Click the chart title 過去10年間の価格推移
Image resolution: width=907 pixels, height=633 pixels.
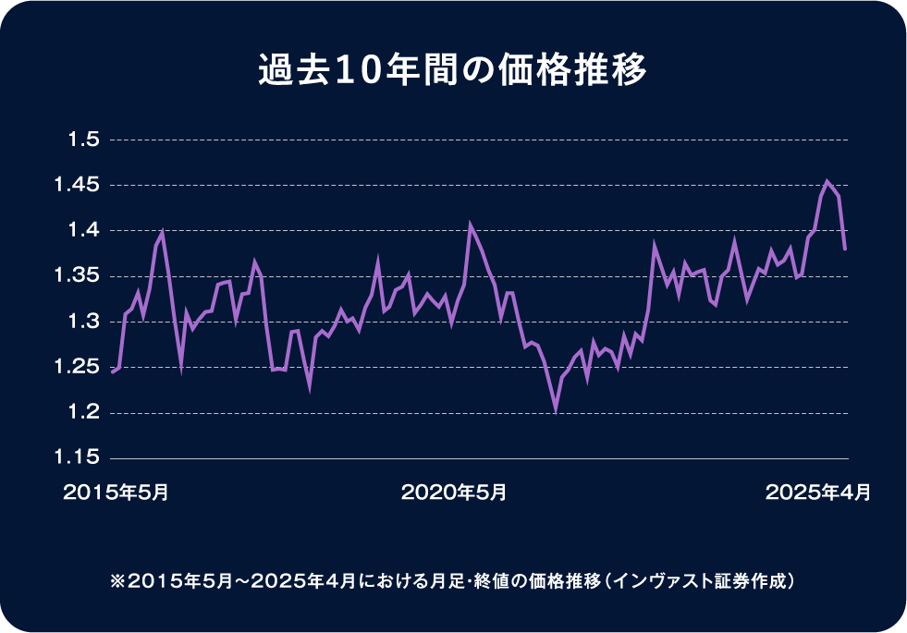[452, 71]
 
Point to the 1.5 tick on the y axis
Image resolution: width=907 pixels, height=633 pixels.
[83, 140]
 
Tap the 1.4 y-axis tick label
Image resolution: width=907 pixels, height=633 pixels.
[83, 231]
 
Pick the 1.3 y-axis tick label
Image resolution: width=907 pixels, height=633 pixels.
[83, 322]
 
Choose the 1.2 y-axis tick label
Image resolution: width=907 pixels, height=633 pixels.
[83, 413]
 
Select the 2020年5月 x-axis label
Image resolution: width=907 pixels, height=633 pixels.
[453, 493]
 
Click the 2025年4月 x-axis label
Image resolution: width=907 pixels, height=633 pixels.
[817, 493]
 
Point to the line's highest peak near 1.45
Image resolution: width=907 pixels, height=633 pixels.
[827, 181]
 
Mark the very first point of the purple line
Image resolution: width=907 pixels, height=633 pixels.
[112, 372]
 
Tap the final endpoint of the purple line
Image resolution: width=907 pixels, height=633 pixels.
[845, 250]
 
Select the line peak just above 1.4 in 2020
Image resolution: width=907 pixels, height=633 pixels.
[470, 225]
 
